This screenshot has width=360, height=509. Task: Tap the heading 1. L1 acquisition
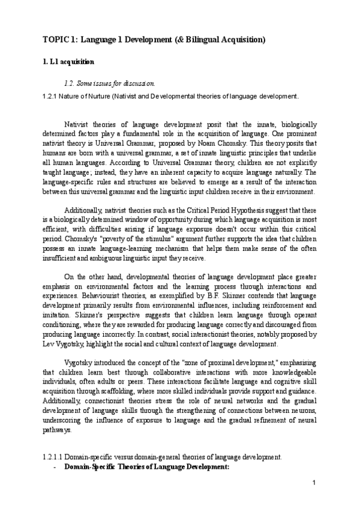coord(67,62)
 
